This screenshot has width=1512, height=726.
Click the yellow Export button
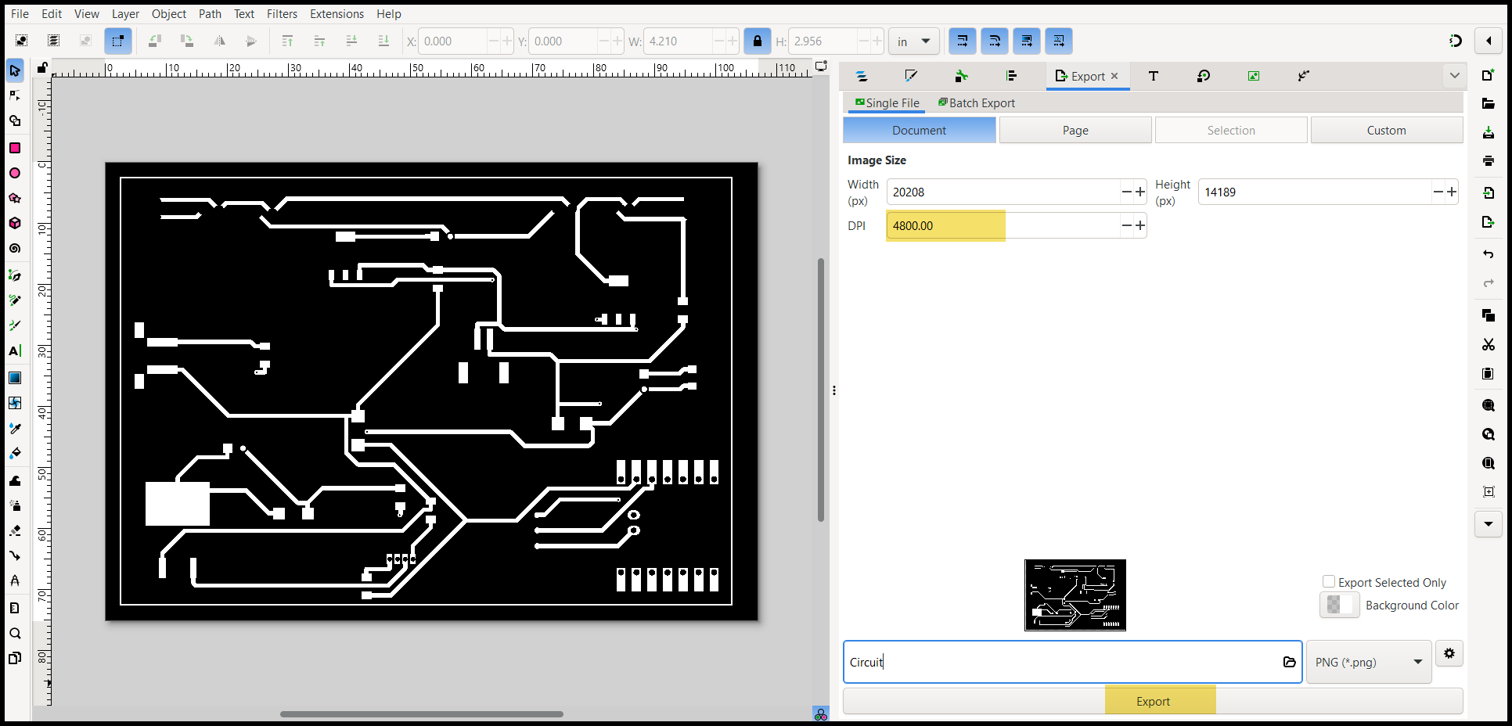point(1153,701)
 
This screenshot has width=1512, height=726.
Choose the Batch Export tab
point(977,103)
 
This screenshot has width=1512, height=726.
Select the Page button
point(1075,131)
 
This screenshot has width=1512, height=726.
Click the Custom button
point(1386,131)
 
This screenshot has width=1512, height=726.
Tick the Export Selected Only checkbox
point(1328,582)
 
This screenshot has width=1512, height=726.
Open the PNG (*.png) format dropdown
point(1369,662)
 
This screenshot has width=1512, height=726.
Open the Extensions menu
point(337,14)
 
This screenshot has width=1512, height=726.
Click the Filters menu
point(282,14)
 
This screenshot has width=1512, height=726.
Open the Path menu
point(210,14)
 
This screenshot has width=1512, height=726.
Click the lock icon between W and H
point(757,41)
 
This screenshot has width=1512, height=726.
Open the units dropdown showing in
point(913,41)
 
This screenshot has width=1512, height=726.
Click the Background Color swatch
point(1339,605)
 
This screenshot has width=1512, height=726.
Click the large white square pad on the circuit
point(178,504)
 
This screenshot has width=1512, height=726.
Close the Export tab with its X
point(1114,76)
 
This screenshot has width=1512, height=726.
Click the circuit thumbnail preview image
point(1075,595)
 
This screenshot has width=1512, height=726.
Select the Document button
point(920,131)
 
